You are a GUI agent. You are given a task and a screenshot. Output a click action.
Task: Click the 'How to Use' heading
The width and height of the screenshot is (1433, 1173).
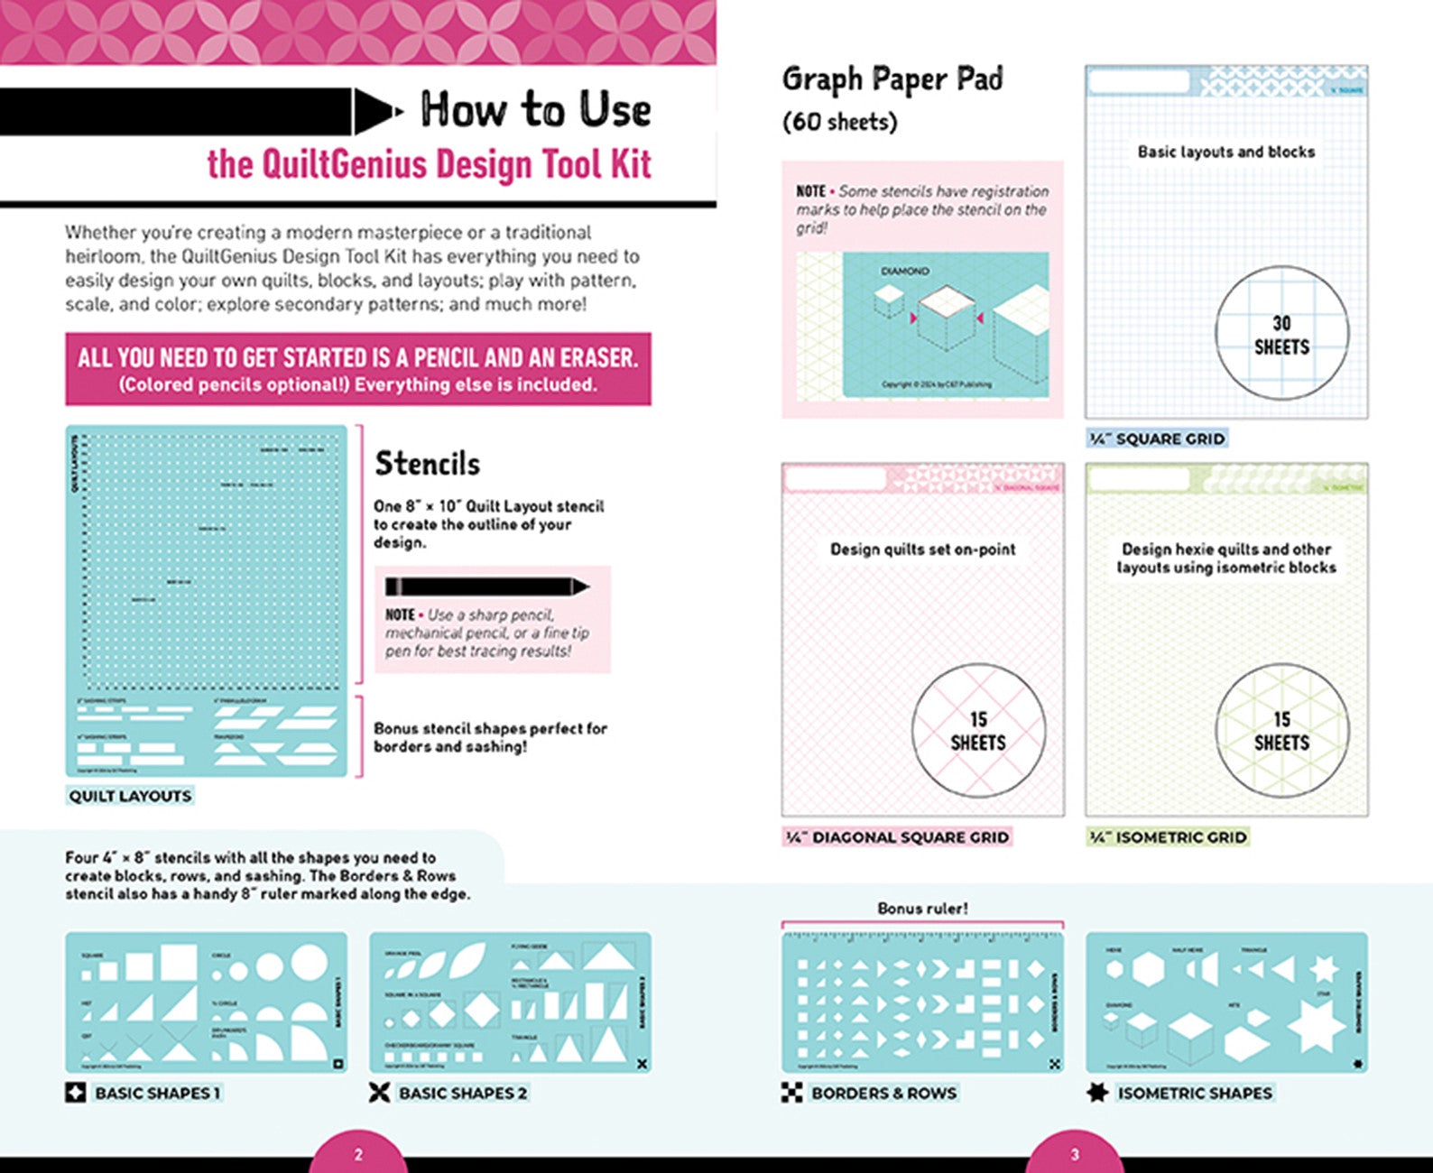point(535,110)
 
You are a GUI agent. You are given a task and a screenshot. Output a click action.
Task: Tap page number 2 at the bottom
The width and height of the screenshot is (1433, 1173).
point(358,1154)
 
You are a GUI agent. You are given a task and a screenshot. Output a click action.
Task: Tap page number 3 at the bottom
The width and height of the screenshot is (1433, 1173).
point(1074,1154)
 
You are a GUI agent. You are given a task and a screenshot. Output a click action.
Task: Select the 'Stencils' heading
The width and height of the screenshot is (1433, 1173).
point(427,464)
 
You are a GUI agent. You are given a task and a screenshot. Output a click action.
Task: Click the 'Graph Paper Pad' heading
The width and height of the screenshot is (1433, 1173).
point(892,79)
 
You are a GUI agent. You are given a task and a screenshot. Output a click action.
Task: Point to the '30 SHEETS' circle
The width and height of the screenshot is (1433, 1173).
point(1281,335)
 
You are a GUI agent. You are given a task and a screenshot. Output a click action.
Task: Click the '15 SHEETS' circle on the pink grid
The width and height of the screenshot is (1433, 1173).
point(978,731)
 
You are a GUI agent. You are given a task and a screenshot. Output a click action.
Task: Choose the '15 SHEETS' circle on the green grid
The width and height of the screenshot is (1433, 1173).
point(1281,731)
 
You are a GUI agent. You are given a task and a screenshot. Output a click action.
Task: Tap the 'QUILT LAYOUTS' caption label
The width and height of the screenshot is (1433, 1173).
point(130,796)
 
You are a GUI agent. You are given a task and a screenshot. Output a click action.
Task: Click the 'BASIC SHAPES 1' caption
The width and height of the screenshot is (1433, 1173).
point(157,1093)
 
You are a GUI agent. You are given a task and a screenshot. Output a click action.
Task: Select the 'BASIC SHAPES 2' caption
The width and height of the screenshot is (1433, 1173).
point(462,1093)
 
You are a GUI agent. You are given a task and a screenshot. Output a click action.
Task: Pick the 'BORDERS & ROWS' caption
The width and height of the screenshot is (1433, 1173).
point(883,1093)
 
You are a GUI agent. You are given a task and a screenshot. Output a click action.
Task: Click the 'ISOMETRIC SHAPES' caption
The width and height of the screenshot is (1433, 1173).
point(1195,1093)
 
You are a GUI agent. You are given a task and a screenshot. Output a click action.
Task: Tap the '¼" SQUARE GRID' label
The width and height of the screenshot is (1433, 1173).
point(1157,439)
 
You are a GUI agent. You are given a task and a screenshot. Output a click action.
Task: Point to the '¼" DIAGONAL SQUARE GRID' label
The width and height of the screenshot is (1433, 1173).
point(896,837)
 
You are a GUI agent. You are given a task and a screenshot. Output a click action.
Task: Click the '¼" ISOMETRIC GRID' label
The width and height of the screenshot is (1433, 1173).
point(1168,837)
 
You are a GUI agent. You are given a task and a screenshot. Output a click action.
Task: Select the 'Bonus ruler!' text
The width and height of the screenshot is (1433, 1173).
point(922,909)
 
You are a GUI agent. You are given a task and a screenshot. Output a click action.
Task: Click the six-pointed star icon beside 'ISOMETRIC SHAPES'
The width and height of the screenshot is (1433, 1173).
point(1097,1093)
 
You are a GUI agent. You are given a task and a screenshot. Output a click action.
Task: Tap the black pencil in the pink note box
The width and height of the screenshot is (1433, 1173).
point(486,586)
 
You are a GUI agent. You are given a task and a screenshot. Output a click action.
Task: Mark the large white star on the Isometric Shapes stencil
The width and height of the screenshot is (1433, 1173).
point(1317,1025)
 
